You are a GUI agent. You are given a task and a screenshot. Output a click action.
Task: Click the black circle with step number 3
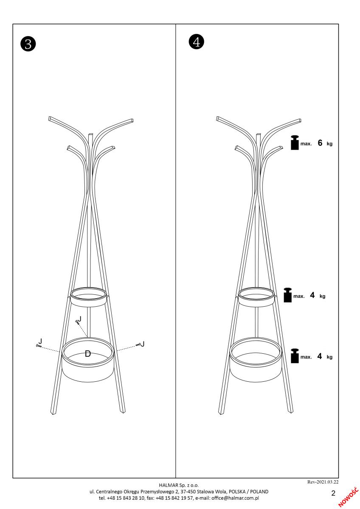pyautogui.click(x=28, y=44)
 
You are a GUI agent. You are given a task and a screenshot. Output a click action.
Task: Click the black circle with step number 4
pyautogui.click(x=197, y=42)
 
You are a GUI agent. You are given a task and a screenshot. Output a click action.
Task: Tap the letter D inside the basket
pyautogui.click(x=88, y=354)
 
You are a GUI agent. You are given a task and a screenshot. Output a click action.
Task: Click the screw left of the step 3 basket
pyautogui.click(x=39, y=346)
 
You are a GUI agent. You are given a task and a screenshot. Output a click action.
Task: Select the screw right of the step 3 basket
pyautogui.click(x=138, y=345)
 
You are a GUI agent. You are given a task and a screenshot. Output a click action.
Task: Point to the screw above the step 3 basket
pyautogui.click(x=77, y=321)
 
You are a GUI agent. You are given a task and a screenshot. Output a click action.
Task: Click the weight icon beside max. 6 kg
pyautogui.click(x=295, y=143)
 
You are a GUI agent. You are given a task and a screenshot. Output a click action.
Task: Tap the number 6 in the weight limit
pyautogui.click(x=320, y=143)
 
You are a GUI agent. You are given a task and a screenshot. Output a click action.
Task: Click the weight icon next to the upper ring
pyautogui.click(x=288, y=295)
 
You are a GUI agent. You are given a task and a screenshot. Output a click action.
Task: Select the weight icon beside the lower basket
pyautogui.click(x=295, y=356)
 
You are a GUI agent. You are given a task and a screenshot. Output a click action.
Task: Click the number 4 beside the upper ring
pyautogui.click(x=312, y=295)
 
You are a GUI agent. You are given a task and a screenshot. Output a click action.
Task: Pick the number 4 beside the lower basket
pyautogui.click(x=320, y=356)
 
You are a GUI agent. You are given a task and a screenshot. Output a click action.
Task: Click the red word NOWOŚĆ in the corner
pyautogui.click(x=348, y=497)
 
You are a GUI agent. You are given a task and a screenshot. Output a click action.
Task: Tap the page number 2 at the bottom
pyautogui.click(x=333, y=493)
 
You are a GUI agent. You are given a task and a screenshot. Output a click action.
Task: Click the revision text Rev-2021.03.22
pyautogui.click(x=323, y=482)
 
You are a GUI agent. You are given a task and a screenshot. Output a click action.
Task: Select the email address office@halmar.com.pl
pyautogui.click(x=235, y=498)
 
